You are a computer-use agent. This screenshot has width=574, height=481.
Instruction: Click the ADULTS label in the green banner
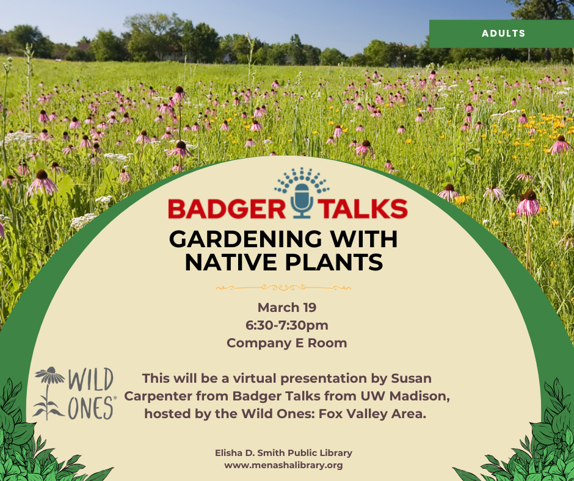(x=503, y=34)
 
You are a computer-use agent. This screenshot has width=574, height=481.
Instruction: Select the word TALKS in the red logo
(x=361, y=208)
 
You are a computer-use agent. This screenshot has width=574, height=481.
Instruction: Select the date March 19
(x=286, y=307)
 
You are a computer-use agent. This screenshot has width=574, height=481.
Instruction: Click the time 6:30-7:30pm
(x=286, y=325)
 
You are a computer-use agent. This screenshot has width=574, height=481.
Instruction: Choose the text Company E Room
(x=286, y=343)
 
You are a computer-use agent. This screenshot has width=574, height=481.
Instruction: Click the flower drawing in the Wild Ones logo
(x=50, y=393)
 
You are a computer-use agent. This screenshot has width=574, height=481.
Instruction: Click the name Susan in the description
(x=410, y=378)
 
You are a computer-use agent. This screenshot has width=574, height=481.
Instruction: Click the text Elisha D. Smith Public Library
(x=283, y=453)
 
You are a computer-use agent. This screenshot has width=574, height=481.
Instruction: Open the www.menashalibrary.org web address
(x=283, y=465)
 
